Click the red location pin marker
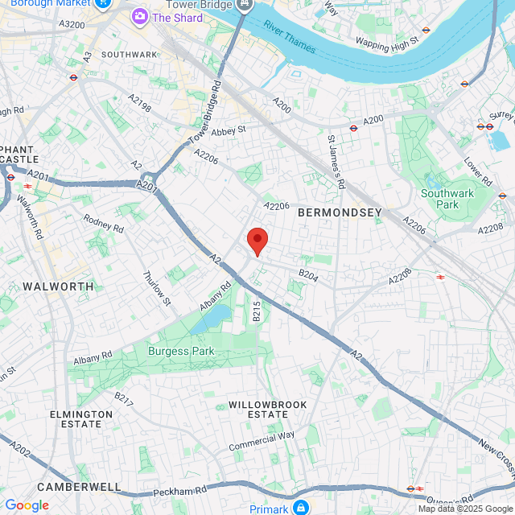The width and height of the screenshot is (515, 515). [x=257, y=241]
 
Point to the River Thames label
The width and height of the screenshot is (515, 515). [x=288, y=37]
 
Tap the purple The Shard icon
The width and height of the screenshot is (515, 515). [x=141, y=16]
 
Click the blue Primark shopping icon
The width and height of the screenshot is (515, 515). [x=300, y=507]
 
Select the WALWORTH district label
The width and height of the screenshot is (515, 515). [x=58, y=286]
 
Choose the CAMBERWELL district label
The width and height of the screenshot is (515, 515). [x=78, y=487]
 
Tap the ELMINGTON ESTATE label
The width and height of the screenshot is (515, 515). [x=81, y=419]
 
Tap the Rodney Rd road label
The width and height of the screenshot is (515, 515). [x=103, y=225]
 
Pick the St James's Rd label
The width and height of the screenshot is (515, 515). [x=337, y=162]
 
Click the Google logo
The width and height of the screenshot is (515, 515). [x=27, y=505]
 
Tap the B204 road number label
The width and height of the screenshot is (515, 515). [x=309, y=274]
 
